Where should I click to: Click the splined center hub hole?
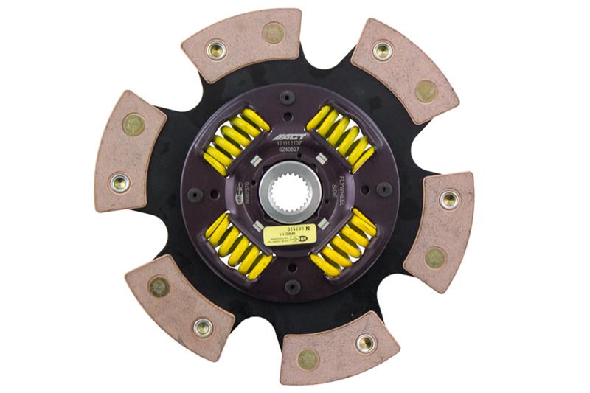coord(289,194)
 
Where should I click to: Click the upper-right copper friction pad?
coord(403,69)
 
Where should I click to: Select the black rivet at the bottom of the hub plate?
coord(292,285)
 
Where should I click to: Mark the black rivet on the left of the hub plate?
coord(195,195)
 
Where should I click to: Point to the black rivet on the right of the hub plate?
coord(384,189)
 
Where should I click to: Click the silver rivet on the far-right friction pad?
coord(448,199)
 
